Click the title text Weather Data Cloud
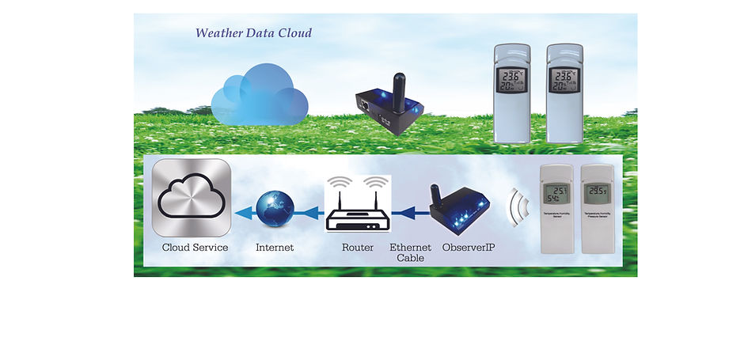pyautogui.click(x=253, y=33)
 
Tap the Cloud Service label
pyautogui.click(x=195, y=248)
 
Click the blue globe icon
pyautogui.click(x=275, y=208)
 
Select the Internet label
pyautogui.click(x=275, y=248)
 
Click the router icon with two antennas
pyautogui.click(x=358, y=203)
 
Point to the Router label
pyautogui.click(x=358, y=248)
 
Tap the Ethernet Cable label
pyautogui.click(x=410, y=252)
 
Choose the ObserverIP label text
pyautogui.click(x=469, y=248)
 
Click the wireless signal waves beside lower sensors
pyautogui.click(x=518, y=207)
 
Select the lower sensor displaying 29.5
pyautogui.click(x=598, y=209)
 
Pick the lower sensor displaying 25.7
pyautogui.click(x=557, y=209)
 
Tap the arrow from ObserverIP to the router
pyautogui.click(x=410, y=211)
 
